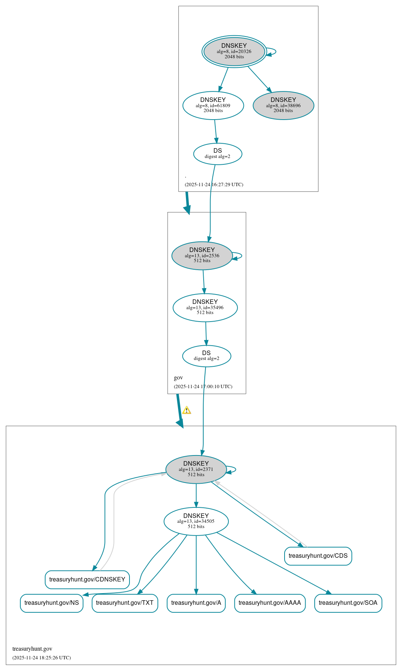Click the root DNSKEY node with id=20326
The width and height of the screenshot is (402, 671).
[234, 52]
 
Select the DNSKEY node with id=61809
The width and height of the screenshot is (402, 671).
[213, 106]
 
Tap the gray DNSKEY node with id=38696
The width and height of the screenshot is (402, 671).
[283, 106]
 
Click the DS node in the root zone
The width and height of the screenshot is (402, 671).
[218, 154]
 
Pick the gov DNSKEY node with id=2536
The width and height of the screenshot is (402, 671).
[202, 256]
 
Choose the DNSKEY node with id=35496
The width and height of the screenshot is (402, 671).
[205, 308]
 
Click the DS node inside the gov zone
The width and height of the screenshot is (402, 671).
[207, 356]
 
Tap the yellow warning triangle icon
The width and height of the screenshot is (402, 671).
[187, 410]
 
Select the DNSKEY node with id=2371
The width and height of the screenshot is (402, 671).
[196, 469]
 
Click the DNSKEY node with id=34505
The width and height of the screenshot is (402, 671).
[196, 521]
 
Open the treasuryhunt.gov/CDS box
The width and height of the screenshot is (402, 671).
[318, 556]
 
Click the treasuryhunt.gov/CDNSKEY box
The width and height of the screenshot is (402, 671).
[87, 580]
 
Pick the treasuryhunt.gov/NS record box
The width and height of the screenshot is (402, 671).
[52, 603]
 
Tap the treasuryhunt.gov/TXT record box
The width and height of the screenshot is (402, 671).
[125, 603]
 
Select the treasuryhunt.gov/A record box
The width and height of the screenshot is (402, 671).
[196, 603]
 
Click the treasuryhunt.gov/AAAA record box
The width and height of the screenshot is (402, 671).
[270, 603]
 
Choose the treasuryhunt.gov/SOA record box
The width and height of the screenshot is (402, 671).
[348, 603]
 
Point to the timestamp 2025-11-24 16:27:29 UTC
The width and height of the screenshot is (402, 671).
[214, 185]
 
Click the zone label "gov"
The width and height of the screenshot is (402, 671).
[178, 378]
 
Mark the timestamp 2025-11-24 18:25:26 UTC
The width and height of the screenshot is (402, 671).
[41, 658]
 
